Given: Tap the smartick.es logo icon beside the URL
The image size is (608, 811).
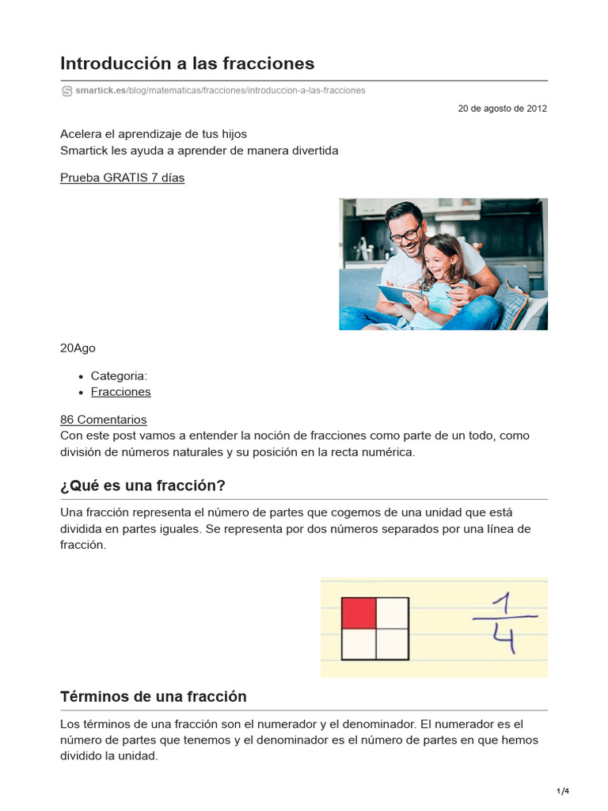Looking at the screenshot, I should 66,91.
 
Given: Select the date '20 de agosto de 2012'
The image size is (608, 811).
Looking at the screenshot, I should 502,109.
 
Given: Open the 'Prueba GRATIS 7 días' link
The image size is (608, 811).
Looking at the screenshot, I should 122,177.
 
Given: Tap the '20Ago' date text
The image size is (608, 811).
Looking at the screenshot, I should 78,348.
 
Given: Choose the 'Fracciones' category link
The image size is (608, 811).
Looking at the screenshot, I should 120,391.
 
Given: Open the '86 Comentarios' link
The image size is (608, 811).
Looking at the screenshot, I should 103,420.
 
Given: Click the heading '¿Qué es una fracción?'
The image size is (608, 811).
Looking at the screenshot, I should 142,485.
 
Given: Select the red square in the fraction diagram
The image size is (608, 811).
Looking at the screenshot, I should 358,613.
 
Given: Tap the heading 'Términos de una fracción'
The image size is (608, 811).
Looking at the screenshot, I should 154,696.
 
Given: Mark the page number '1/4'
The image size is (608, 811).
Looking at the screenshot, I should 563,791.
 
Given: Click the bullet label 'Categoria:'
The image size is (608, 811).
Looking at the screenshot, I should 119,375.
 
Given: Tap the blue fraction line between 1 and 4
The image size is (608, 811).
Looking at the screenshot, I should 505,618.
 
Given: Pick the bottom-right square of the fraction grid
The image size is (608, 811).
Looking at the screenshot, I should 392,644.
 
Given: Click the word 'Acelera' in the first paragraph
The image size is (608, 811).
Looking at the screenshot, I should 82,134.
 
